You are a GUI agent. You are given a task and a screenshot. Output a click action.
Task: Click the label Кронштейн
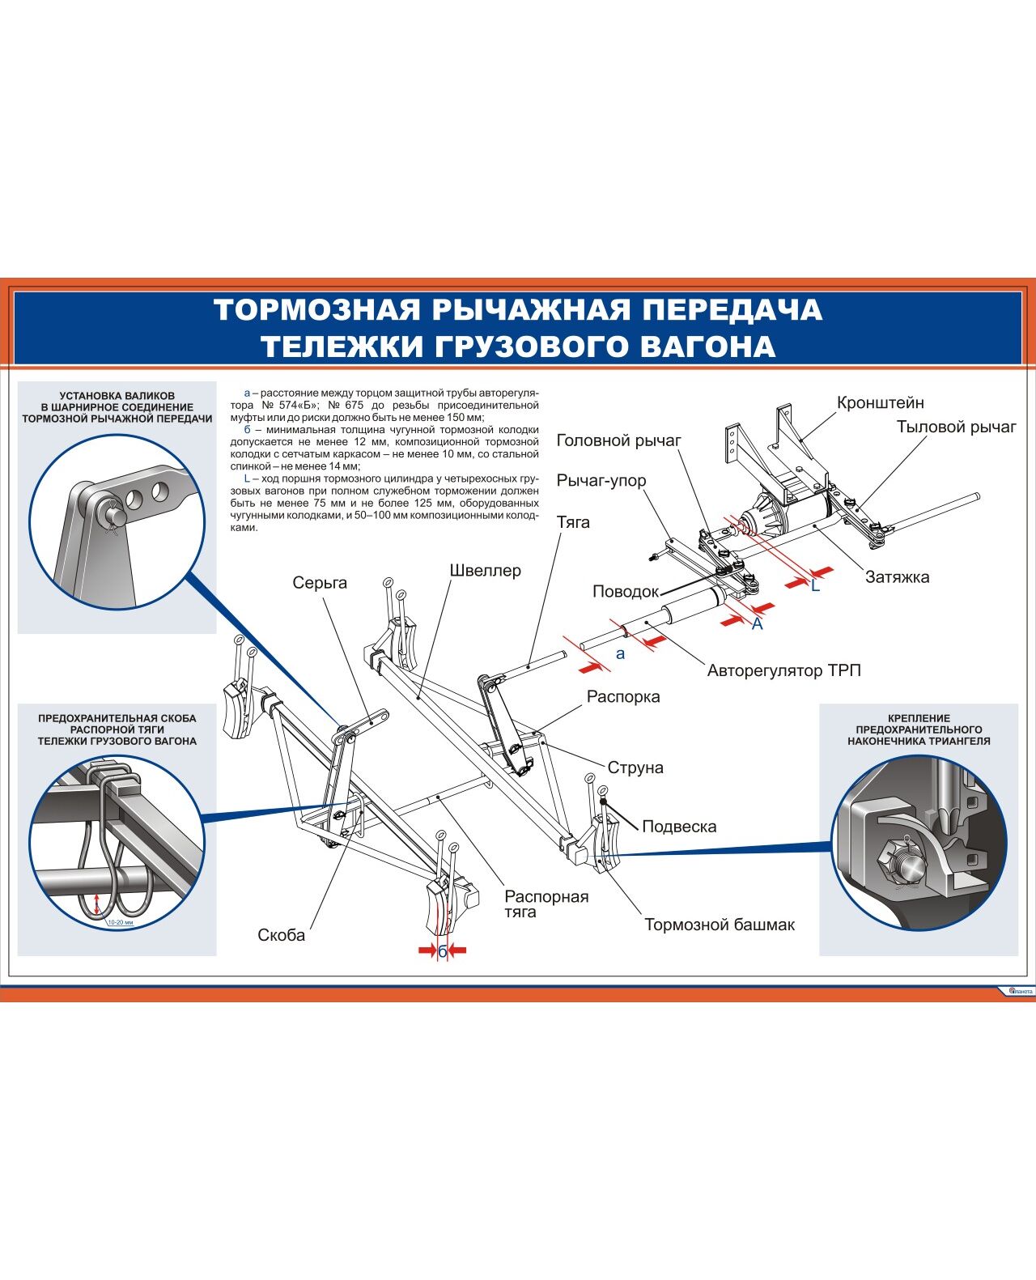880,402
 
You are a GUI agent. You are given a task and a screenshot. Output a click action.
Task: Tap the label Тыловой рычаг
955,427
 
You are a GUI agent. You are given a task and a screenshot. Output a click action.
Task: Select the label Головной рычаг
618,440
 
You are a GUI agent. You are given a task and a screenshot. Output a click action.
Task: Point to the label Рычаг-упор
601,480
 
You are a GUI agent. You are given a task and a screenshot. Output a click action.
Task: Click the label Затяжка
897,576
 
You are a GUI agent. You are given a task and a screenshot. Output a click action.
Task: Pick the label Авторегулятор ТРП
783,670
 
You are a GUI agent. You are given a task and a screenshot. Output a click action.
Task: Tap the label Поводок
626,591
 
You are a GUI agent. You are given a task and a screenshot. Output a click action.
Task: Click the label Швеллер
485,570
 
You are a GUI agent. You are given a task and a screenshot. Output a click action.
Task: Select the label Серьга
320,582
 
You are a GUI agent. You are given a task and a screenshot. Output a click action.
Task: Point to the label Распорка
622,696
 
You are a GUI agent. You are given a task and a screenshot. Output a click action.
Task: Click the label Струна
635,768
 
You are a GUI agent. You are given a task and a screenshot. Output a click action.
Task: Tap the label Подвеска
678,827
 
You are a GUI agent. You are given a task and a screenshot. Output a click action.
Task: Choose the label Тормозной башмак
719,925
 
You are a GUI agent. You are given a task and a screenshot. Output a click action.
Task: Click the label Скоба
281,935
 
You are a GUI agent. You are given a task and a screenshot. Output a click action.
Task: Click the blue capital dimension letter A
757,624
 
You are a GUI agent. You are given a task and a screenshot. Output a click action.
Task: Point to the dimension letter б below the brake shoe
442,952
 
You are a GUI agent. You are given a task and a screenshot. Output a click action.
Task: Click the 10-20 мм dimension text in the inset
119,922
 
